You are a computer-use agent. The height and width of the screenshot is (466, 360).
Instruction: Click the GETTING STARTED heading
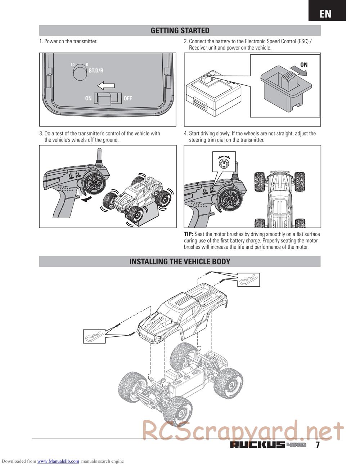tap(180, 31)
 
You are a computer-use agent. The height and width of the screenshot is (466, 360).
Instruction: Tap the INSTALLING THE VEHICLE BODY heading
tap(180, 261)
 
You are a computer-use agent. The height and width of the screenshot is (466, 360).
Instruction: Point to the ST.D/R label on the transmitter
tap(96, 71)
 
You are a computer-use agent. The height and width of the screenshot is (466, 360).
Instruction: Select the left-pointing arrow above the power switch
tap(106, 86)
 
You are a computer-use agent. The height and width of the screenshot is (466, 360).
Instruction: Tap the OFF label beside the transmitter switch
tap(128, 98)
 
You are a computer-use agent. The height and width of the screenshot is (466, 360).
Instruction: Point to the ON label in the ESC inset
tap(304, 65)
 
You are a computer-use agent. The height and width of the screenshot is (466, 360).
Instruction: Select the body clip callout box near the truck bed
tap(248, 279)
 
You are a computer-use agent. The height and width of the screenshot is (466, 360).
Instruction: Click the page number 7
tap(318, 445)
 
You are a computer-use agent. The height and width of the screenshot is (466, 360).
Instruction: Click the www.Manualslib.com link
tap(58, 461)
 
